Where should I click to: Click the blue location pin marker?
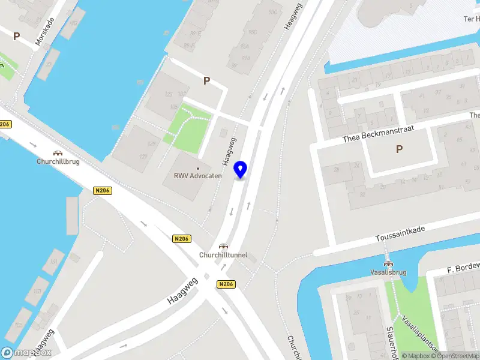point(241,169)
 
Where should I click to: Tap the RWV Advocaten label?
point(198,176)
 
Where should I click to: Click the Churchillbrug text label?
point(58,161)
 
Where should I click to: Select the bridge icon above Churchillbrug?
point(58,153)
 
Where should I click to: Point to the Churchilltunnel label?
point(223,255)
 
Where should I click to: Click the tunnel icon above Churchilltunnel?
point(223,246)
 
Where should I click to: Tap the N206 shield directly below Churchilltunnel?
point(226,284)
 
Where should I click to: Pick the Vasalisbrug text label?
point(388,272)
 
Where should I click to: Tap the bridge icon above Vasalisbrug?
point(388,263)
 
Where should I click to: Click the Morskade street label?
point(44,31)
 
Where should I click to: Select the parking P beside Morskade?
point(17,36)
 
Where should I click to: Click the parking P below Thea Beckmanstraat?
point(399,149)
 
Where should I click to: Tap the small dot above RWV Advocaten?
point(198,168)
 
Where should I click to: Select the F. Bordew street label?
point(464,266)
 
